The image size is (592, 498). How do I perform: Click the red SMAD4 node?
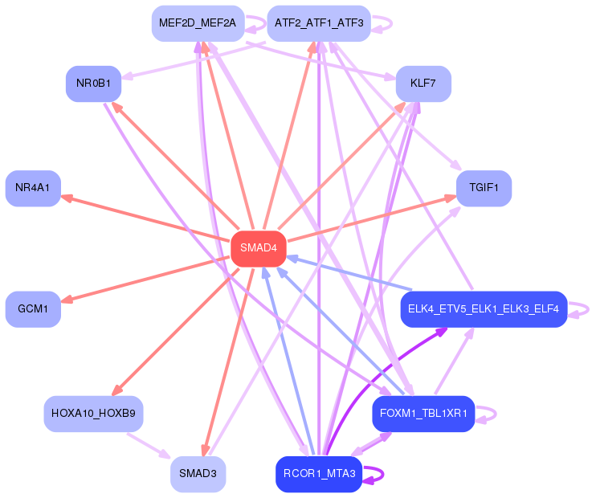(x=259, y=249)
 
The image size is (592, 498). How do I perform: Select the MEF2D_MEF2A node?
(x=198, y=23)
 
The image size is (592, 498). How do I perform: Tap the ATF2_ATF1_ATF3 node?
(x=319, y=23)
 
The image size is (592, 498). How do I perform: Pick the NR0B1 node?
(x=94, y=84)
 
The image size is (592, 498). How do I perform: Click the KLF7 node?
(x=423, y=84)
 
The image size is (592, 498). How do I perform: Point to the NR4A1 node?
(x=33, y=189)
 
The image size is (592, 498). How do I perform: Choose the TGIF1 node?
(x=484, y=189)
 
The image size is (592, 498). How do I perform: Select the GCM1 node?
(x=33, y=309)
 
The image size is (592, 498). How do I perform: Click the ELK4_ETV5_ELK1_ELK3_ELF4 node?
(x=484, y=309)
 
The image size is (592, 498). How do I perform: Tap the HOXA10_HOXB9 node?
(x=94, y=414)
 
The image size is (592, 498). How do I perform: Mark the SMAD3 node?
(x=198, y=474)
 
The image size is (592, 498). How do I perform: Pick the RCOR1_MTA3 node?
(x=319, y=474)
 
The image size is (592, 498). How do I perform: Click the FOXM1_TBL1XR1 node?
(x=423, y=414)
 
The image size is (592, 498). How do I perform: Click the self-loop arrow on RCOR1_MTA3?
(x=383, y=474)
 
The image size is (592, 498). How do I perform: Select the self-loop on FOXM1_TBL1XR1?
(x=496, y=414)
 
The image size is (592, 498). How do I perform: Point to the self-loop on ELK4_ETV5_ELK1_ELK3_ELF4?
(x=588, y=309)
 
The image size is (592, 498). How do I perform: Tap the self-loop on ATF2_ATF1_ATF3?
(x=391, y=23)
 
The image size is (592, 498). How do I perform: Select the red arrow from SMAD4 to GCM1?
(x=145, y=279)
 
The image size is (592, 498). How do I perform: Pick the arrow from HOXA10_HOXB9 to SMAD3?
(x=149, y=446)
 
